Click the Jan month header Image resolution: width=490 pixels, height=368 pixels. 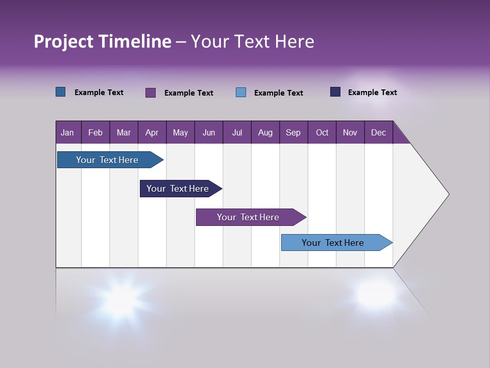click(68, 132)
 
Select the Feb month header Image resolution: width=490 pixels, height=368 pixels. click(95, 132)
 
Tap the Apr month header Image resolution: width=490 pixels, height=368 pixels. click(152, 132)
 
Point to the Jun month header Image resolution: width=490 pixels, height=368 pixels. click(209, 132)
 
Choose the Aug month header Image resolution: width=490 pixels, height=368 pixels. click(265, 132)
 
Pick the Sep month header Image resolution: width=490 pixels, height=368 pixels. click(293, 132)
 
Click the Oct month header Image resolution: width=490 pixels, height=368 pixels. click(322, 132)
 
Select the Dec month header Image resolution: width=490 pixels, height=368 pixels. click(379, 132)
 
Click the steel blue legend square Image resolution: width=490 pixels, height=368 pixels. click(61, 92)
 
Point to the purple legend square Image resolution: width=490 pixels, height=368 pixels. click(151, 93)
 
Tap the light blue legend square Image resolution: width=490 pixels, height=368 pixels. click(241, 93)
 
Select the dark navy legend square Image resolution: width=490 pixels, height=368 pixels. click(335, 92)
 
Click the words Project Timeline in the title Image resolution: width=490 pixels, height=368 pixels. click(103, 41)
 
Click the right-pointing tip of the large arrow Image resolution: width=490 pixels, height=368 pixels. click(447, 194)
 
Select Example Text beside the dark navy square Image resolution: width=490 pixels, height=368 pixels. click(372, 93)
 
